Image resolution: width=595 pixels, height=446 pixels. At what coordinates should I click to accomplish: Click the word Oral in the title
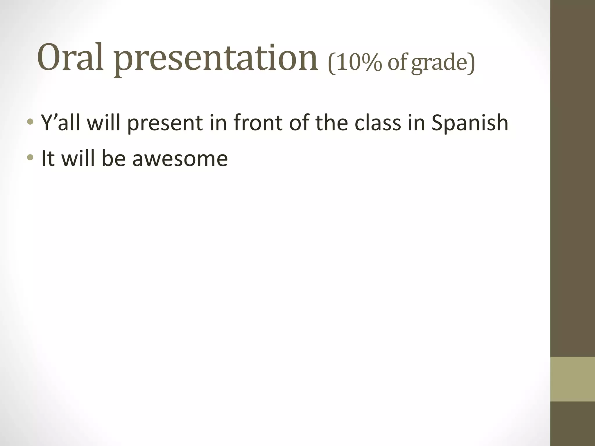[71, 57]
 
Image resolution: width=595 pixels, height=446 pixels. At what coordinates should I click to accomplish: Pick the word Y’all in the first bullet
[60, 123]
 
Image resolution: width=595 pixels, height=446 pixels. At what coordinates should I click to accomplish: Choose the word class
[378, 123]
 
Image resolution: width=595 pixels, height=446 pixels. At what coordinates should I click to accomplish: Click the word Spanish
[470, 123]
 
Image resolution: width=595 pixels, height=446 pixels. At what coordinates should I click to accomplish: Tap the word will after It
[78, 159]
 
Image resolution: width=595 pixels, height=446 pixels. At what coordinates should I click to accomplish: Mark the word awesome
[180, 159]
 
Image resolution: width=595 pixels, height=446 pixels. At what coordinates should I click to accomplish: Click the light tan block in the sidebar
[573, 379]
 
